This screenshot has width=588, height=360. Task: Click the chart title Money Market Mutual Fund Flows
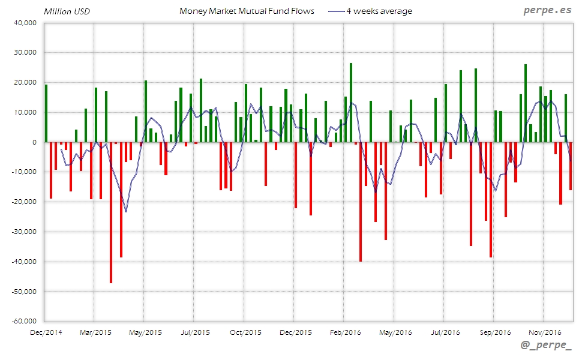tap(247, 11)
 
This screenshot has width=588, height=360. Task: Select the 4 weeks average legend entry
tap(379, 11)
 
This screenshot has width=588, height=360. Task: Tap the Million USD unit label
tap(65, 11)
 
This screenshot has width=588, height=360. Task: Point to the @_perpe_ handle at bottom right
tap(547, 346)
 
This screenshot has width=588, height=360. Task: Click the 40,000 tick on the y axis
tap(25, 23)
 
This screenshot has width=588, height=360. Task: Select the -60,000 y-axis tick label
tap(23, 322)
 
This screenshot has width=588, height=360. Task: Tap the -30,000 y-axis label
tap(23, 232)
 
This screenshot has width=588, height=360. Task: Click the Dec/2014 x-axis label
tap(46, 332)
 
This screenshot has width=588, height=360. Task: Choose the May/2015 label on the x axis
tap(145, 332)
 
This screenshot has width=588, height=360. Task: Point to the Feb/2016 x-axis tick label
tap(344, 332)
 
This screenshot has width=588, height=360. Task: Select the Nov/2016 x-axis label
tap(545, 332)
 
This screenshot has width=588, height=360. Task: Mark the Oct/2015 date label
tap(245, 332)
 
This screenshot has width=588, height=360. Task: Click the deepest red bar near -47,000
tap(111, 212)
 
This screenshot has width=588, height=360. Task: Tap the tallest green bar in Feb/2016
tap(351, 103)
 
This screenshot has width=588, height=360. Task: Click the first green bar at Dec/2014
tap(46, 113)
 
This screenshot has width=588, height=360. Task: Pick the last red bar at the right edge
tap(571, 166)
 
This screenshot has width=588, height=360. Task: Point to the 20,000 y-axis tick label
tap(25, 83)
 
